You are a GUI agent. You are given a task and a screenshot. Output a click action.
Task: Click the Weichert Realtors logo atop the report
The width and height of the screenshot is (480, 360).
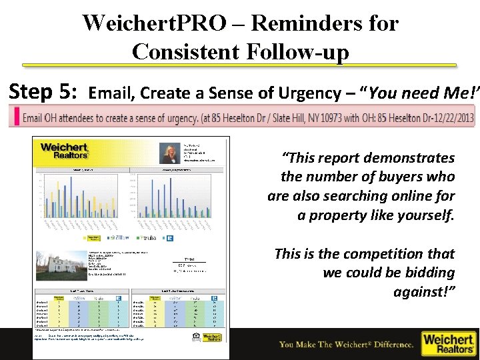(64, 150)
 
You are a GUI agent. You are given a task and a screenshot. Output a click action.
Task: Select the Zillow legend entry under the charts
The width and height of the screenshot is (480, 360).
(120, 238)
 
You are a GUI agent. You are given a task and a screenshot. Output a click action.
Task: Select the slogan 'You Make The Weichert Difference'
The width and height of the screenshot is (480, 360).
(346, 344)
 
